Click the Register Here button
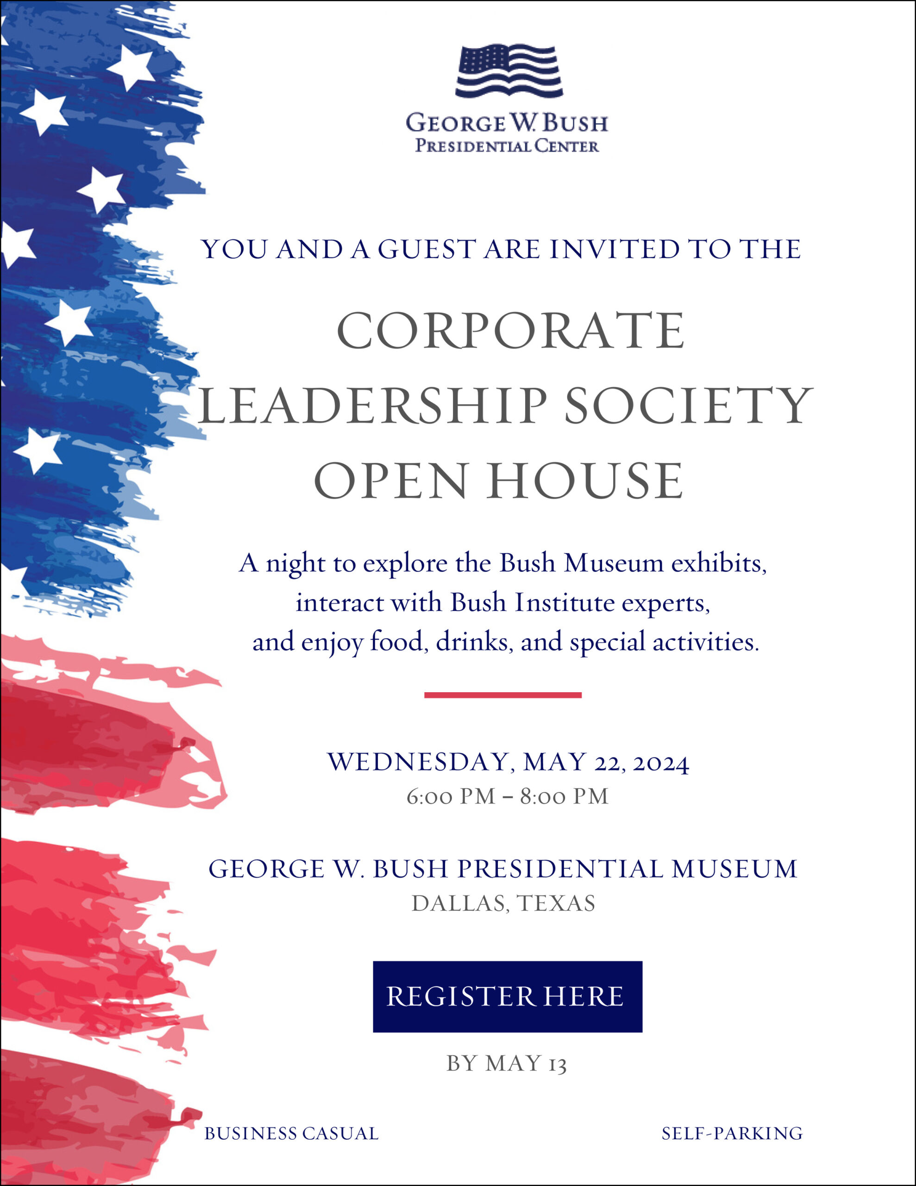pyautogui.click(x=507, y=997)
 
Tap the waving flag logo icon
pyautogui.click(x=509, y=71)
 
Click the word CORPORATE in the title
pyautogui.click(x=510, y=331)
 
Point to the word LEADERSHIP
pyautogui.click(x=372, y=406)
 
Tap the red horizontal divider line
pyautogui.click(x=503, y=695)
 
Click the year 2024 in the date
pyautogui.click(x=661, y=763)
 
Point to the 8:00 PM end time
pyautogui.click(x=564, y=797)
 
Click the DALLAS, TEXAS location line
pyautogui.click(x=503, y=903)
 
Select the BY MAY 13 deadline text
pyautogui.click(x=507, y=1064)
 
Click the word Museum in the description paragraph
pyautogui.click(x=614, y=564)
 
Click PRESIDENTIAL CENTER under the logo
pyautogui.click(x=507, y=146)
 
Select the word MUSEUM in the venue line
pyautogui.click(x=734, y=869)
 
